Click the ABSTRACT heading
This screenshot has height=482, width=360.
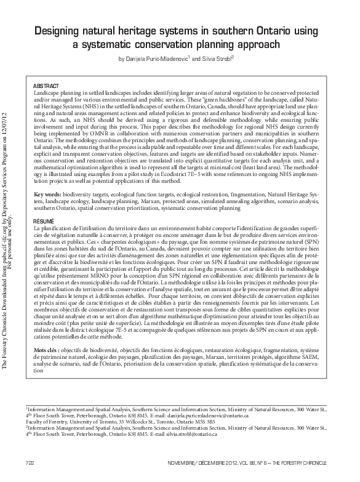click(x=46, y=85)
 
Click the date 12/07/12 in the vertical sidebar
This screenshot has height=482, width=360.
click(x=6, y=113)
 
